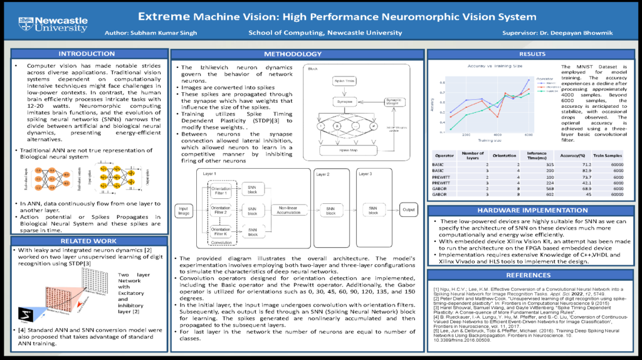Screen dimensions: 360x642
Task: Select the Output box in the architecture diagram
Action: (408, 209)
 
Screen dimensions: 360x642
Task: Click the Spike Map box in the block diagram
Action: (344, 151)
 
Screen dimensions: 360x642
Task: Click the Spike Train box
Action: (344, 82)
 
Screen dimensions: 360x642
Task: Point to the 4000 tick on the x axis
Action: (498, 135)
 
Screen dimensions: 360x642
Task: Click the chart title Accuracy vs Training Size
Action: (490, 65)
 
